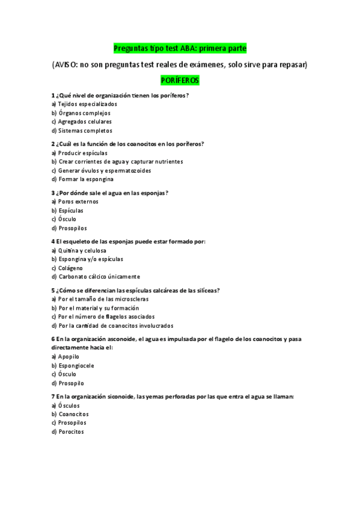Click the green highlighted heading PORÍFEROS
click(x=180, y=80)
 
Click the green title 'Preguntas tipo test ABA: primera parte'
click(x=180, y=48)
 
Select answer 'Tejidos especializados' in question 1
click(x=87, y=104)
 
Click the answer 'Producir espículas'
click(x=82, y=153)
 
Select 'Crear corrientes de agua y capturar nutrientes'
click(x=120, y=162)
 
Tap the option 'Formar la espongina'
click(x=86, y=179)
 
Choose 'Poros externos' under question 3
click(x=78, y=201)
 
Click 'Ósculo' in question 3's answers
click(x=67, y=220)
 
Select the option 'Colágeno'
click(x=70, y=268)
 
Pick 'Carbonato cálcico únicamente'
click(x=99, y=277)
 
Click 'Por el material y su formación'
click(x=99, y=308)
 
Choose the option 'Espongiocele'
click(x=76, y=366)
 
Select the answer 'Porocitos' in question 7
click(x=71, y=432)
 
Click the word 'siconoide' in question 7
click(x=121, y=397)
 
